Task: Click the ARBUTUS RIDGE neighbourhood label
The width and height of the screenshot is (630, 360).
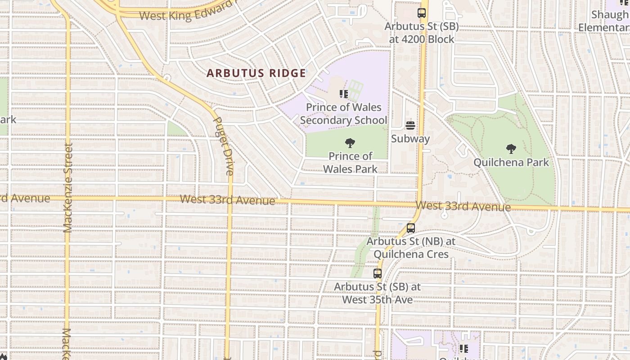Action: tap(256, 73)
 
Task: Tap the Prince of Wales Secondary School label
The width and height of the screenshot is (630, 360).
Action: tap(343, 114)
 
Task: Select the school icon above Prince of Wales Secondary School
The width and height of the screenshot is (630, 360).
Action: tap(344, 94)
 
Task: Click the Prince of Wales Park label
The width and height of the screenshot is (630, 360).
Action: tap(350, 162)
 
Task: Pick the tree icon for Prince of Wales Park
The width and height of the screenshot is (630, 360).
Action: tap(350, 144)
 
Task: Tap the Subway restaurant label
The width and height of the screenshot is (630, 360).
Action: tap(410, 139)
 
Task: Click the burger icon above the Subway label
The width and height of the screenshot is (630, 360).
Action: tap(410, 125)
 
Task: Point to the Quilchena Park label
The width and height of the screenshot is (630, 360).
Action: tap(511, 162)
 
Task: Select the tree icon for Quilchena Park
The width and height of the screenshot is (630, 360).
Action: tap(511, 148)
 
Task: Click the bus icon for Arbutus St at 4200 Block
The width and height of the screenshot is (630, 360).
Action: tap(421, 13)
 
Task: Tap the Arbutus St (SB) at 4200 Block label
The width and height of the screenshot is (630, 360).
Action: tap(421, 33)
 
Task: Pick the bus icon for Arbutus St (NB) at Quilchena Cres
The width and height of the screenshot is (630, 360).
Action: tap(410, 228)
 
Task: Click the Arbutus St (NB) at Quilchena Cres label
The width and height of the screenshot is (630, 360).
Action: tap(411, 248)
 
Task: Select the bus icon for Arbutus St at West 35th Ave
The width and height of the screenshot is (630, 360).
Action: tap(378, 273)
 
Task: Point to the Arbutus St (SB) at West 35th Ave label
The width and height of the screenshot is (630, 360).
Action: tap(377, 293)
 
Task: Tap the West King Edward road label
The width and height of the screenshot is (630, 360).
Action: tap(187, 12)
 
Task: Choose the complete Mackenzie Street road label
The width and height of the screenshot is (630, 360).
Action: tap(68, 188)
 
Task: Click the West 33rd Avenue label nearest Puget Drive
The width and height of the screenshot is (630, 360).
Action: tap(227, 199)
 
